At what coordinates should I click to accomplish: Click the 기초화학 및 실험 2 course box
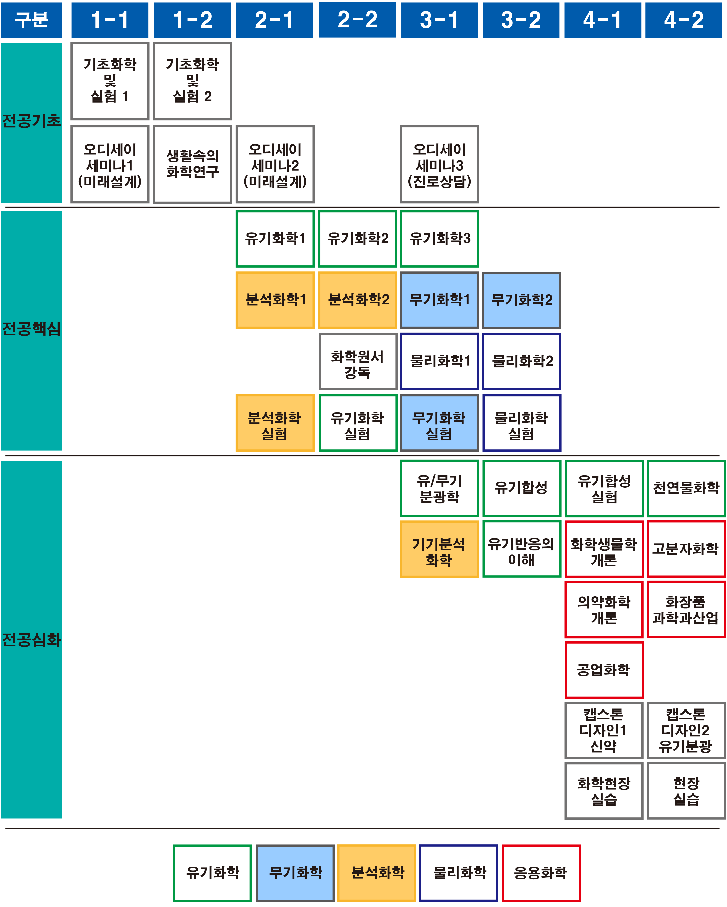point(192,81)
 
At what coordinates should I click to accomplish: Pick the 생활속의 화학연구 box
point(192,164)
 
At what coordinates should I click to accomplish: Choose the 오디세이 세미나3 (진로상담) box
point(439,164)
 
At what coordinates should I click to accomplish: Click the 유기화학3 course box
point(439,239)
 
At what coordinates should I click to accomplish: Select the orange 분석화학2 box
point(358,300)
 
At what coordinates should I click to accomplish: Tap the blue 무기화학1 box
point(439,300)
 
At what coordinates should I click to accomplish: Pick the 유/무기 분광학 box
point(439,488)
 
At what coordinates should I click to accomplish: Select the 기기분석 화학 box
point(439,549)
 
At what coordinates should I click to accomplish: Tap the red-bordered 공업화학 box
point(604,670)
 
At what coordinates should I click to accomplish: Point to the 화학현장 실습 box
point(604,791)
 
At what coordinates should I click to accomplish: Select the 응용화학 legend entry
point(541,873)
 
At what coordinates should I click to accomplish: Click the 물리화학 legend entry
point(459,873)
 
